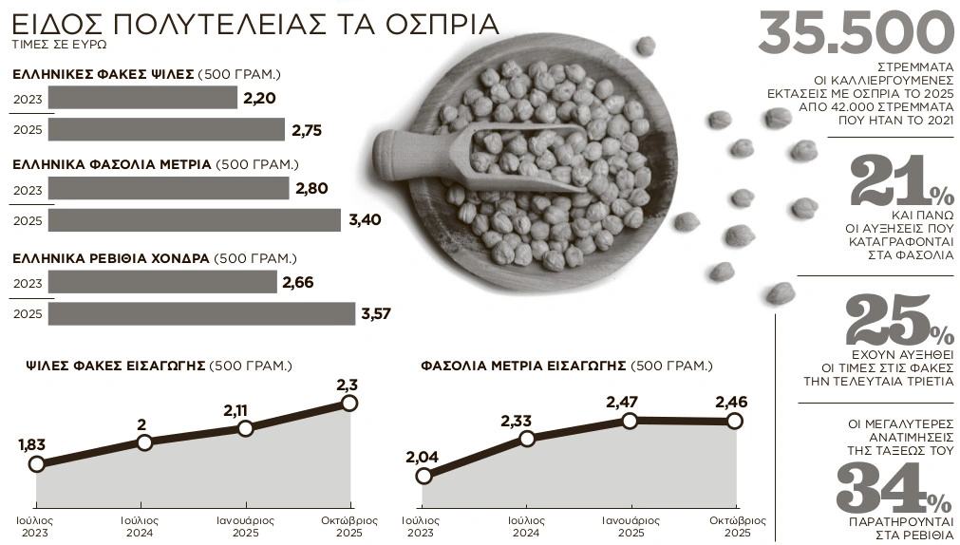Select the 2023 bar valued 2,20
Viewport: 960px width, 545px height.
(x=142, y=98)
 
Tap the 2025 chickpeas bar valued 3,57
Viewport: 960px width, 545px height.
(x=201, y=313)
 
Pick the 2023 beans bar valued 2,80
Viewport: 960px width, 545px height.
(x=168, y=188)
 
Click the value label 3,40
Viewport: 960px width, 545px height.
(x=365, y=220)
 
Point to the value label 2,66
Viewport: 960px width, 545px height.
(x=298, y=282)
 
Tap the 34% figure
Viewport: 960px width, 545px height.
(x=894, y=490)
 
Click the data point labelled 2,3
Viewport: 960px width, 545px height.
(x=349, y=403)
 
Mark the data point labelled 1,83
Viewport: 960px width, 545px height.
(x=37, y=464)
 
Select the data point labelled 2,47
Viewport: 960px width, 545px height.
(x=629, y=420)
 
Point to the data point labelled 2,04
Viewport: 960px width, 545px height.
(x=424, y=476)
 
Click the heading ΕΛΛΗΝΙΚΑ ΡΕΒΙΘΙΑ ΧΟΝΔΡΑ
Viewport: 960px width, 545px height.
(x=110, y=257)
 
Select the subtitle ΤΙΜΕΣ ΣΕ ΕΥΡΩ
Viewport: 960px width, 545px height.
(x=59, y=45)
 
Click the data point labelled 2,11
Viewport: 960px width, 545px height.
(x=246, y=428)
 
